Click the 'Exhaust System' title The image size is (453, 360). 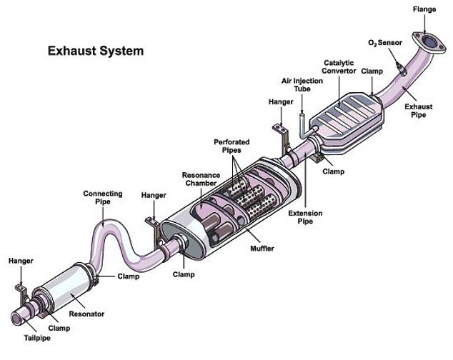pos(96,51)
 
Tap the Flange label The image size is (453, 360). pos(424,9)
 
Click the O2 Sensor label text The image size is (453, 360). pos(385,43)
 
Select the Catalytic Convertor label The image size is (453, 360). pos(339,66)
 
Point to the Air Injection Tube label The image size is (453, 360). pos(302,85)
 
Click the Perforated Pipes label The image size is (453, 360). pos(232,146)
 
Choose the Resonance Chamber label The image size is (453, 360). pos(201,179)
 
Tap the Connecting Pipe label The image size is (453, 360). pos(103,197)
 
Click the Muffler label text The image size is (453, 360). pos(262,248)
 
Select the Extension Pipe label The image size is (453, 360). pos(305,217)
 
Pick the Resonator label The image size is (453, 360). pos(86,314)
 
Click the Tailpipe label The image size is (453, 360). pos(37,338)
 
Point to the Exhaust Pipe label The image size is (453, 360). pos(419,111)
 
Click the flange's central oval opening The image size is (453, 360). pos(429,41)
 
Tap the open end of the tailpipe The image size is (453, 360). pos(16,319)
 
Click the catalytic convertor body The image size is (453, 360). pos(347,121)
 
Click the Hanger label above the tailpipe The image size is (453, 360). pos(21,261)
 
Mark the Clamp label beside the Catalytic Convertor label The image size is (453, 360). pos(372,71)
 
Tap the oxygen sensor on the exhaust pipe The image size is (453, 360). pos(401,67)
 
